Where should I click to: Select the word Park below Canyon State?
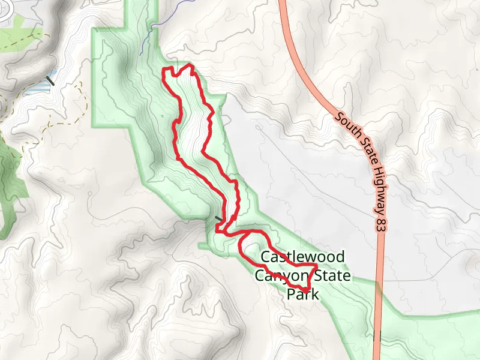[x=301, y=294]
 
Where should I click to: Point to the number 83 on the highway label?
[x=379, y=223]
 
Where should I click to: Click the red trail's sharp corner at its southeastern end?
[x=307, y=292]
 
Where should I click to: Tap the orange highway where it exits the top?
[x=281, y=3]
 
